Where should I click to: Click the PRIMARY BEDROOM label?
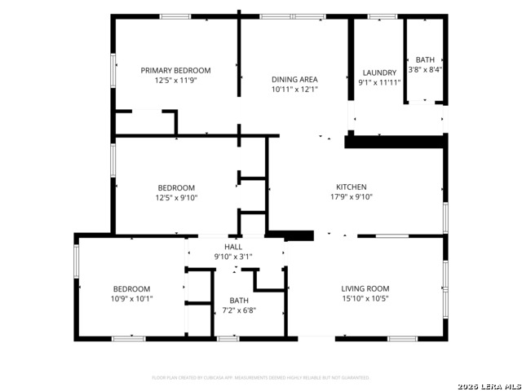(175, 71)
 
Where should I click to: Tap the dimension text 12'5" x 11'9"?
(175, 81)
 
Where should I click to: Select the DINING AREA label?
(294, 79)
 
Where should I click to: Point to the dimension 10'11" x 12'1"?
(294, 90)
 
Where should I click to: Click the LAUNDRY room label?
(379, 72)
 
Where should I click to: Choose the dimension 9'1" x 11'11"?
(379, 82)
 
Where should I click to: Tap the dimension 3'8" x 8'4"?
(426, 70)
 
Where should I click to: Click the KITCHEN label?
(352, 187)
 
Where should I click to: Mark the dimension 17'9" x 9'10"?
(352, 196)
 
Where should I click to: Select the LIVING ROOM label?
(365, 288)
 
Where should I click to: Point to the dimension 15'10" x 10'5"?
(365, 299)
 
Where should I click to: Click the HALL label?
(233, 247)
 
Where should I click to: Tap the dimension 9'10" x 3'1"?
(233, 257)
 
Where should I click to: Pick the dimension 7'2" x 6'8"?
(239, 310)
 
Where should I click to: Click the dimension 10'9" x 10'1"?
(131, 299)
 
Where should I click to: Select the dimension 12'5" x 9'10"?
(177, 197)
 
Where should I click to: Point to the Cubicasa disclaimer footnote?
(261, 378)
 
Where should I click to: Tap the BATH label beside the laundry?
(426, 60)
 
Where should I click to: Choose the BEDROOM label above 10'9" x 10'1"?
(131, 289)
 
